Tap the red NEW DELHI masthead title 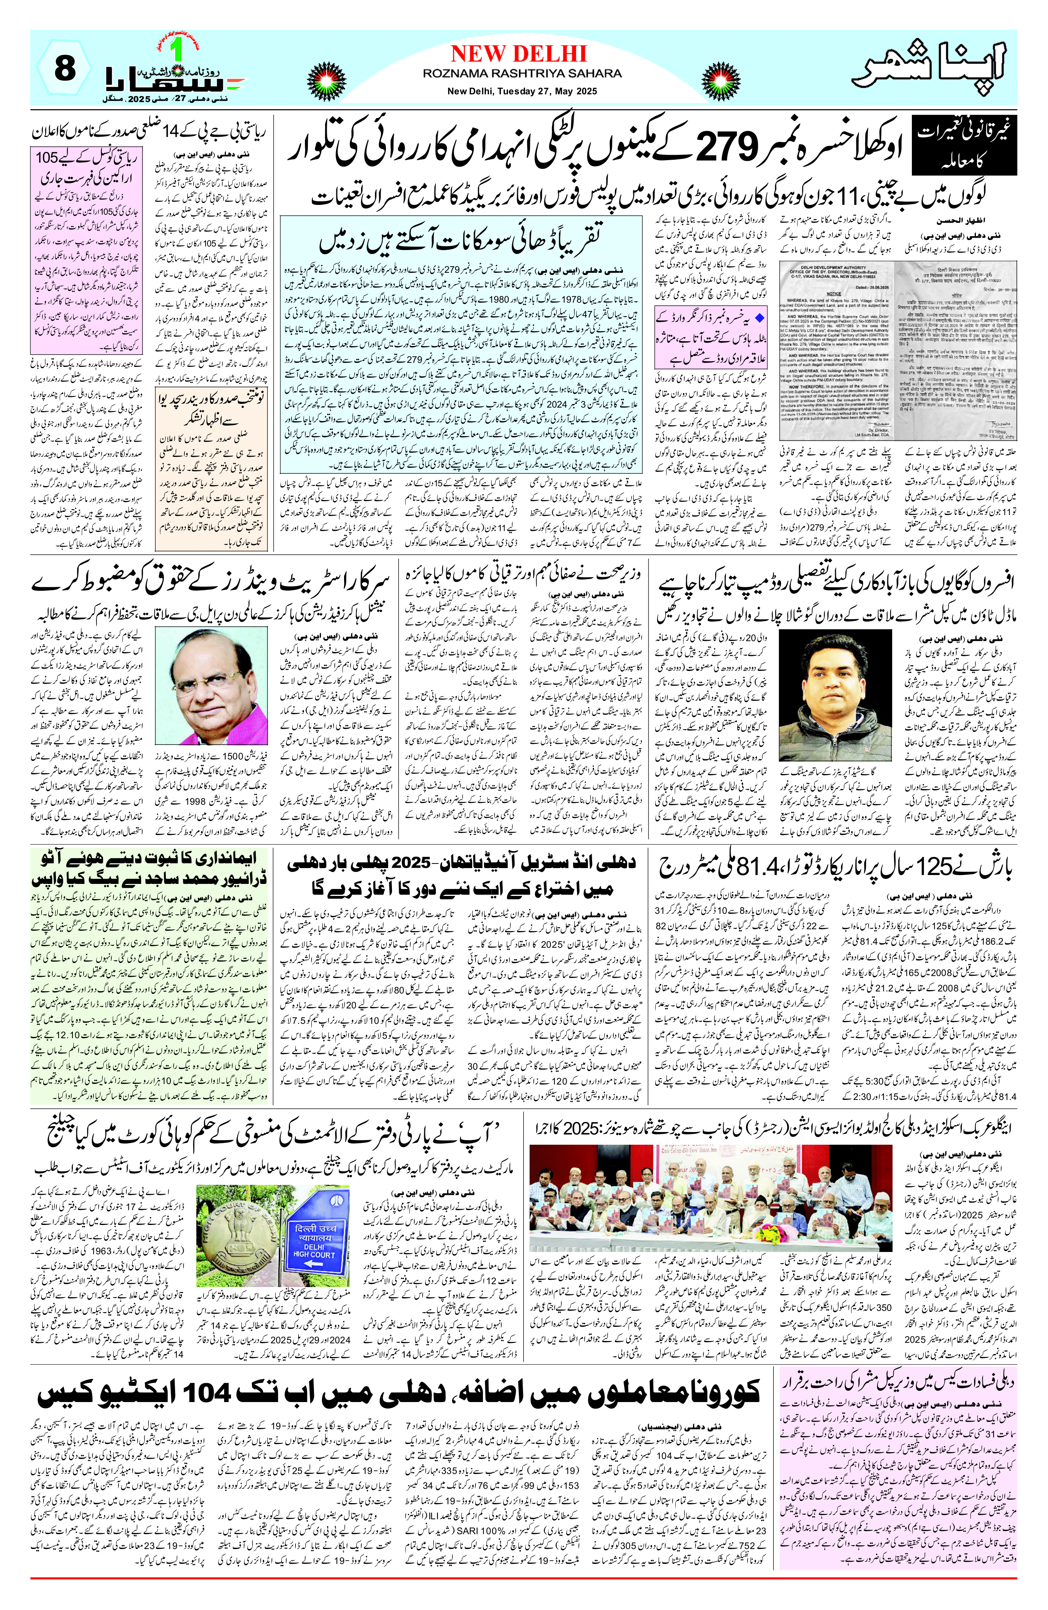(x=518, y=54)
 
